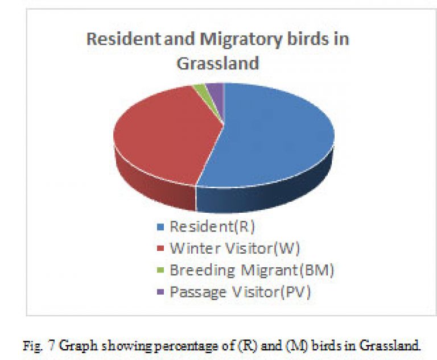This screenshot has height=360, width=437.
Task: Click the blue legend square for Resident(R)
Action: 160,226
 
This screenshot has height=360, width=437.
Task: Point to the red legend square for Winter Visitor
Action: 160,249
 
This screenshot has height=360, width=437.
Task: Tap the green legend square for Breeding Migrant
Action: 160,270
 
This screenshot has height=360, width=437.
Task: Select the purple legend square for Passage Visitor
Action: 160,292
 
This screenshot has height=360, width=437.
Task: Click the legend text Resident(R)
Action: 212,226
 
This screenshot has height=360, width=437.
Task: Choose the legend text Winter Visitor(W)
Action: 235,249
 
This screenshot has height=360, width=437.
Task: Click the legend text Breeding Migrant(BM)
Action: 252,270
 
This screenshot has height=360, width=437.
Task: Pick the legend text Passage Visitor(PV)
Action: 240,292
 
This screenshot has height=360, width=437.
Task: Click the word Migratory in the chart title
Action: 241,40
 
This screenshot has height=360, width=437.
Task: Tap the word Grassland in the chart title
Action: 218,63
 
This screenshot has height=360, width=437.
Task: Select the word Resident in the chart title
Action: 124,39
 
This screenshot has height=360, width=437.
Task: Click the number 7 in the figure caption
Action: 52,346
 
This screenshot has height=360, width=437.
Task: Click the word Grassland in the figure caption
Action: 390,346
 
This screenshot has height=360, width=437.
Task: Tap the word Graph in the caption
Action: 79,346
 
